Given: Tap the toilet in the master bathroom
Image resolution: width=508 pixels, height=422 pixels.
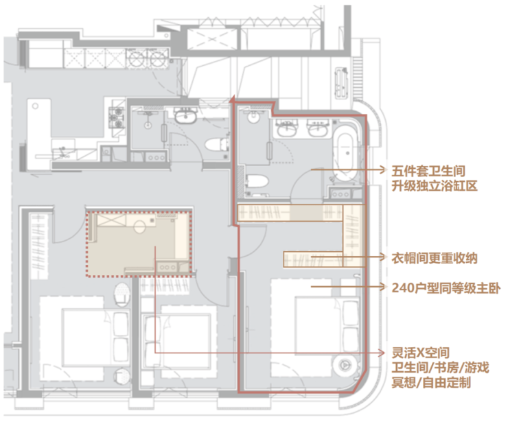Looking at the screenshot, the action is click(257, 182).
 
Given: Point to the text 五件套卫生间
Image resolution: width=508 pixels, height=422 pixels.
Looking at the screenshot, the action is click(428, 171).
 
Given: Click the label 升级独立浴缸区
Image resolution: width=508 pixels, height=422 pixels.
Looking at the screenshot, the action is click(435, 186).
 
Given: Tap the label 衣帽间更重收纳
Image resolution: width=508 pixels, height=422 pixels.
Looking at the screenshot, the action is click(435, 258).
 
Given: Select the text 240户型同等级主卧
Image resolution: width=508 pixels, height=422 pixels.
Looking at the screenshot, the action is click(446, 288).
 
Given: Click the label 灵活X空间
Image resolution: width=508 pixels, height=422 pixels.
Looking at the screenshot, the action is click(421, 353).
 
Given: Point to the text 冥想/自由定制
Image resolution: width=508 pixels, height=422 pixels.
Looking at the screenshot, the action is click(431, 383).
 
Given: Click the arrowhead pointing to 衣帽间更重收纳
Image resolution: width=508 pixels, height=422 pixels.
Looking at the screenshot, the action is click(383, 257).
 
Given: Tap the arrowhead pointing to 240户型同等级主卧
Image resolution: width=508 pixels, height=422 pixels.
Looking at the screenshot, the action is click(383, 287).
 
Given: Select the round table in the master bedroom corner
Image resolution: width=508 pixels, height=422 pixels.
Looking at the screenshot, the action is click(345, 366).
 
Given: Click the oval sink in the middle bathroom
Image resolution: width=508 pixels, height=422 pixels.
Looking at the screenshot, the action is click(185, 116).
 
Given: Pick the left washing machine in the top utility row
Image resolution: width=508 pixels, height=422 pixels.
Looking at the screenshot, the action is click(137, 58).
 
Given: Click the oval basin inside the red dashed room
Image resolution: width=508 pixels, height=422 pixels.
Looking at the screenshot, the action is click(139, 226).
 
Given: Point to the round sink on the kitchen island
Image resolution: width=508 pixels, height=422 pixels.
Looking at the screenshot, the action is click(35, 106).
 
